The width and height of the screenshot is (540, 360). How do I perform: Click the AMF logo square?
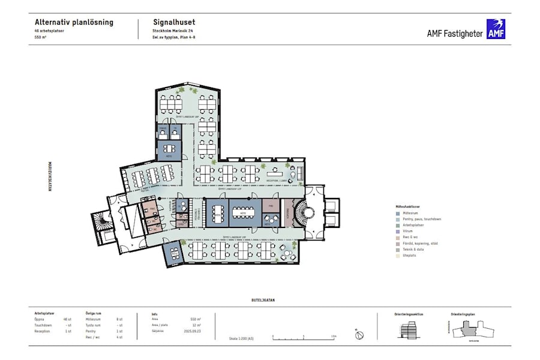pyautogui.click(x=496, y=29)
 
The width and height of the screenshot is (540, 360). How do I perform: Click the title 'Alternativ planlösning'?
pyautogui.click(x=74, y=22)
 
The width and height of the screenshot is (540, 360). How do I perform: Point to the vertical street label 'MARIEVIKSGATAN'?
pyautogui.click(x=50, y=175)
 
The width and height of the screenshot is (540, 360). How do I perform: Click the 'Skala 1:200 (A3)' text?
pyautogui.click(x=241, y=338)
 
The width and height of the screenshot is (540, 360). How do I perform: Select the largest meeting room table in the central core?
pyautogui.click(x=242, y=212)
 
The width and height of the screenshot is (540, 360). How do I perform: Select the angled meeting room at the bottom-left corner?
pyautogui.click(x=173, y=254)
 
